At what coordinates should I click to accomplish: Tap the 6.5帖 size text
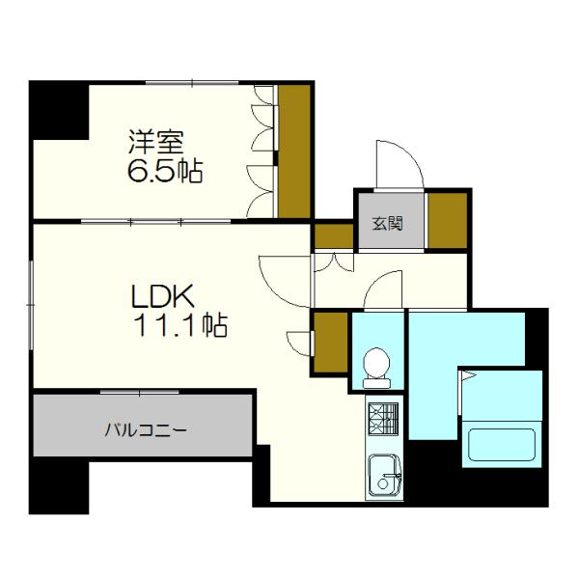(165, 174)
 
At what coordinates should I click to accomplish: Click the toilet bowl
(376, 367)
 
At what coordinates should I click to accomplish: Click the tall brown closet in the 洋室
(294, 152)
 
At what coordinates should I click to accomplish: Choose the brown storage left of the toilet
(331, 343)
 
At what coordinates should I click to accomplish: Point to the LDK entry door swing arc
(280, 280)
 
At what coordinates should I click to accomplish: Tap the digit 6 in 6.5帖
(136, 175)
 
